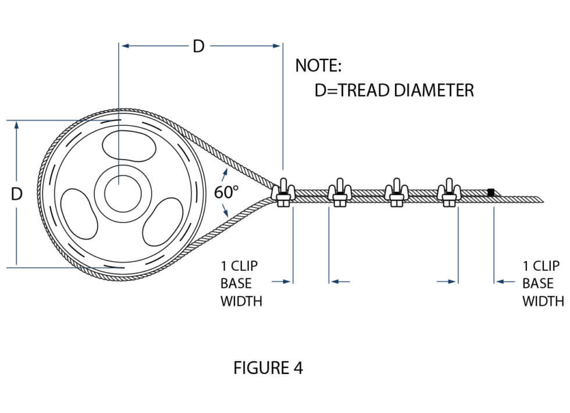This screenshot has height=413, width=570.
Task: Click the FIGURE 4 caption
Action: tap(268, 368)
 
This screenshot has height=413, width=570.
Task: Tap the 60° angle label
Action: tap(226, 193)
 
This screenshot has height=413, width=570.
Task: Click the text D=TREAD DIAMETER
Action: tap(394, 90)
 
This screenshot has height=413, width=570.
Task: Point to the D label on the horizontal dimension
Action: tap(199, 47)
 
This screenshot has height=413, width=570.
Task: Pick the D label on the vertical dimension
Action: tap(16, 193)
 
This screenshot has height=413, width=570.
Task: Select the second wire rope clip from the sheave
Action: tap(339, 193)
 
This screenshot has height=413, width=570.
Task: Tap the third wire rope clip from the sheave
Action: tap(396, 193)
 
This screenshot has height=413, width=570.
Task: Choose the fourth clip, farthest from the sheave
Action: tap(448, 193)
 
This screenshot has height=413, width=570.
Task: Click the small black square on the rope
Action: tap(491, 192)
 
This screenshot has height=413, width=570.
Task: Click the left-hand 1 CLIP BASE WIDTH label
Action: tap(241, 284)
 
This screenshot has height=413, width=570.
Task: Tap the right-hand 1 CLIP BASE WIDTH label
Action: tap(542, 284)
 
